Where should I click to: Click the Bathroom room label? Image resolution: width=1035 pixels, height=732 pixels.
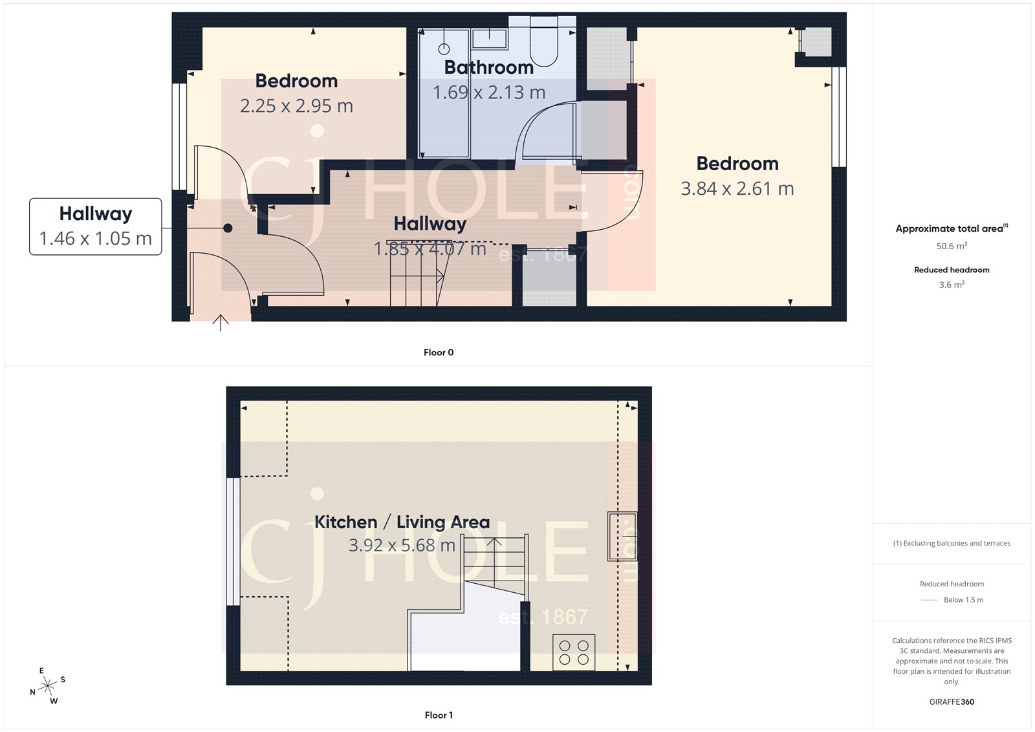click(x=488, y=67)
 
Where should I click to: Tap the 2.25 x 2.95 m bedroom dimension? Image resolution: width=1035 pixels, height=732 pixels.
click(x=296, y=105)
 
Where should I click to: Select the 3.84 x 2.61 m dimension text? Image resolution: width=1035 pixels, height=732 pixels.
click(x=737, y=188)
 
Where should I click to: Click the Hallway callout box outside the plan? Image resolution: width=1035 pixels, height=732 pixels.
click(x=96, y=227)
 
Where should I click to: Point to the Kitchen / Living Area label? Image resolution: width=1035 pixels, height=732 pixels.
click(x=402, y=522)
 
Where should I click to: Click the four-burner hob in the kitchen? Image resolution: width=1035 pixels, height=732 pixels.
click(x=574, y=652)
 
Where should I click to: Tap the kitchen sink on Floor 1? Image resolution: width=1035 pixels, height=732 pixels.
click(x=622, y=536)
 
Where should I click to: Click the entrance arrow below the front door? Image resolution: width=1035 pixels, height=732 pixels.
click(x=221, y=322)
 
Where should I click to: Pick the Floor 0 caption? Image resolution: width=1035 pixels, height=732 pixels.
click(x=439, y=352)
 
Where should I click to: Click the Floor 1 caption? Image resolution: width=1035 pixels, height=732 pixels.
click(x=439, y=715)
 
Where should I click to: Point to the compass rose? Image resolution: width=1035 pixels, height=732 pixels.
click(x=48, y=686)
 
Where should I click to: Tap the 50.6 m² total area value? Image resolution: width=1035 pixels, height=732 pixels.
click(x=952, y=246)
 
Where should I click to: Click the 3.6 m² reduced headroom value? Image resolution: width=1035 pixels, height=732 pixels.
click(x=952, y=285)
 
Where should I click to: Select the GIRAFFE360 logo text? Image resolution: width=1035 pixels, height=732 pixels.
click(x=952, y=702)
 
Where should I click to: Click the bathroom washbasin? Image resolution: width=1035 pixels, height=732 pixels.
click(x=489, y=38)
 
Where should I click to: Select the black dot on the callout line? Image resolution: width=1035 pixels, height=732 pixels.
click(x=228, y=228)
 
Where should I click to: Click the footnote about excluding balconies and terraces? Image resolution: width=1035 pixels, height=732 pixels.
click(x=952, y=544)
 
